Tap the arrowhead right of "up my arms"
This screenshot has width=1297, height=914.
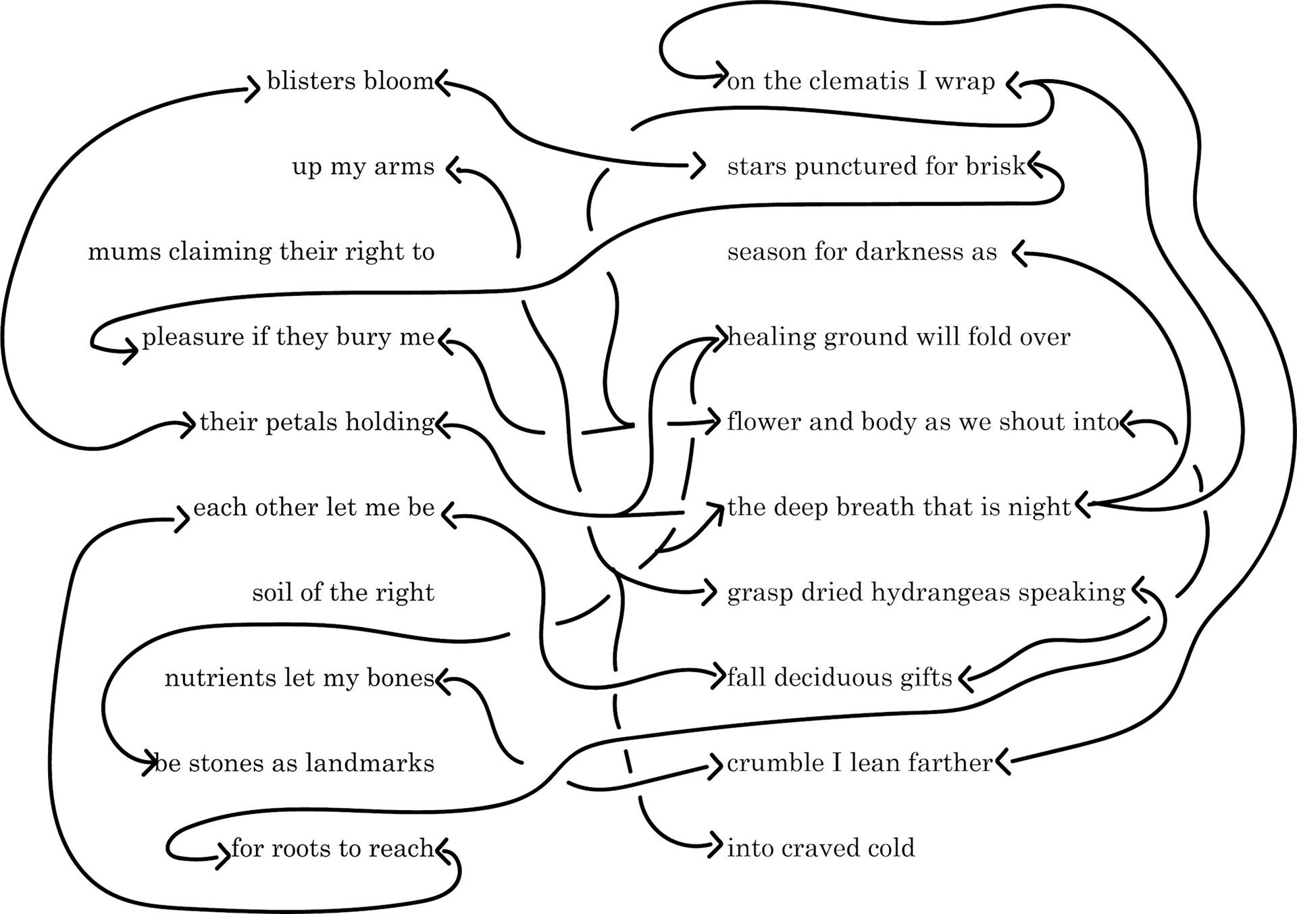tap(453, 168)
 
